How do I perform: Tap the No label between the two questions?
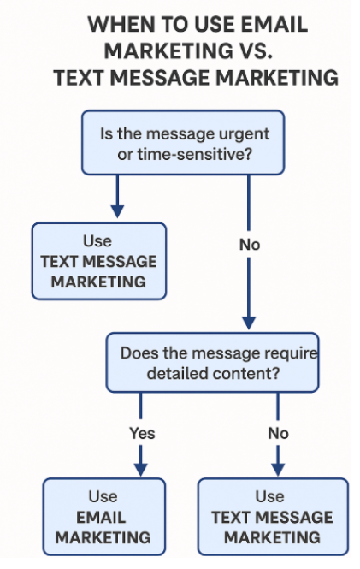[250, 244]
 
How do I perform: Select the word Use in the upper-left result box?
[97, 240]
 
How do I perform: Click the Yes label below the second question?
[142, 432]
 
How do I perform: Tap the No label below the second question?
[278, 432]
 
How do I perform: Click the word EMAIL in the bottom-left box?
[103, 517]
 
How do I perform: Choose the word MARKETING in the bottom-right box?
[272, 537]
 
